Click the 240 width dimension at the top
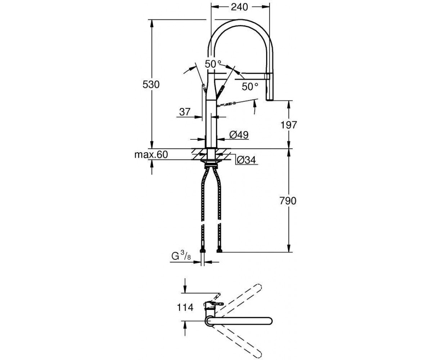(x=239, y=7)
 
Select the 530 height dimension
(x=151, y=85)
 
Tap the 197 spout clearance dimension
(x=289, y=125)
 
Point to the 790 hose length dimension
(x=288, y=201)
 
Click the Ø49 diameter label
(x=239, y=135)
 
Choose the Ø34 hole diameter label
(x=246, y=160)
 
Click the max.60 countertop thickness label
(x=151, y=154)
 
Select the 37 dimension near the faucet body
(x=185, y=112)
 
